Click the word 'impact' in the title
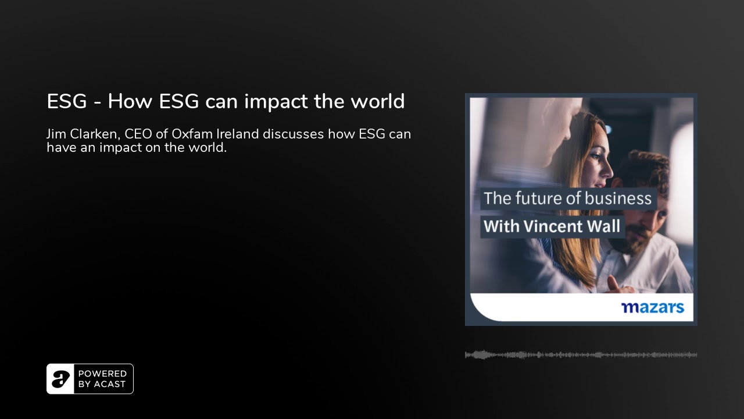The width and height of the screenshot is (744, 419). pyautogui.click(x=276, y=102)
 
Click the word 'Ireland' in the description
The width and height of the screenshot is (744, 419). pyautogui.click(x=238, y=134)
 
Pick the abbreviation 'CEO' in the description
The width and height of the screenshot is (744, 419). pyautogui.click(x=138, y=134)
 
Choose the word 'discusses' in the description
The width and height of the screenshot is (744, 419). pyautogui.click(x=294, y=134)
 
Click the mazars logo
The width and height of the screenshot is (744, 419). pyautogui.click(x=653, y=308)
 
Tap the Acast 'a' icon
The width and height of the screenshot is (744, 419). pyautogui.click(x=60, y=379)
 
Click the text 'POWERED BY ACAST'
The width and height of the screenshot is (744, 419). pyautogui.click(x=102, y=379)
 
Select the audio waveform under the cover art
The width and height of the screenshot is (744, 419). pyautogui.click(x=581, y=355)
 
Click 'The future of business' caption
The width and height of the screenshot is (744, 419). pyautogui.click(x=568, y=198)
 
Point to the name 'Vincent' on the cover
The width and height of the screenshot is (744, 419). pyautogui.click(x=553, y=226)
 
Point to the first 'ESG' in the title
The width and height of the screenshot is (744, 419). pyautogui.click(x=67, y=101)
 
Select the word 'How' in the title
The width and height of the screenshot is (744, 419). pyautogui.click(x=130, y=101)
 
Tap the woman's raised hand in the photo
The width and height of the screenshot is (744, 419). pyautogui.click(x=617, y=285)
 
